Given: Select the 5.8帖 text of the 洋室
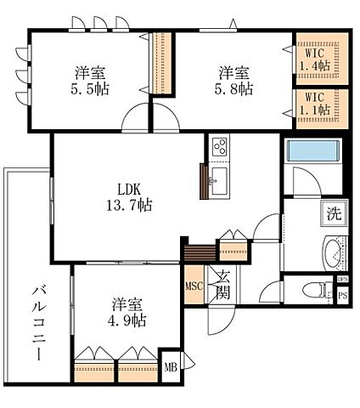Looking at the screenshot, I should click(232, 88).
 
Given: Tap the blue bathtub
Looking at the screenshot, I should click(312, 152).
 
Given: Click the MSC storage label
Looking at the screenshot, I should click(193, 286).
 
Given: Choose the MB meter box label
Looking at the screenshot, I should click(169, 367).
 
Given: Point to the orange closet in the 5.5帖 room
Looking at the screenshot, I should click(157, 66).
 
